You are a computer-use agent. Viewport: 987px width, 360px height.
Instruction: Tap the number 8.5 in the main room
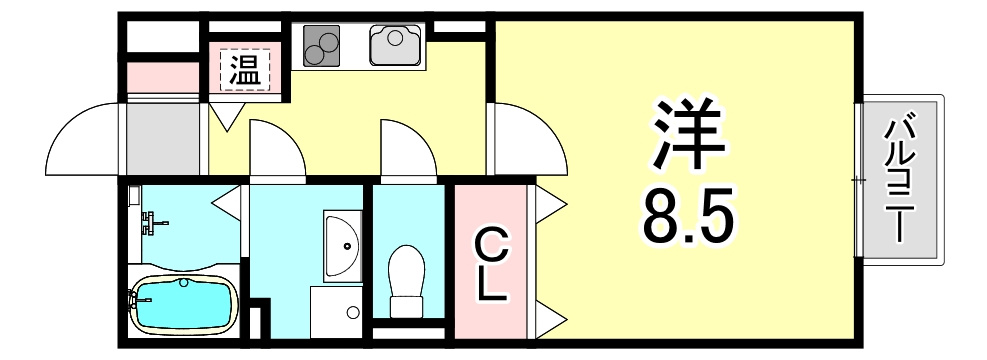point(687,218)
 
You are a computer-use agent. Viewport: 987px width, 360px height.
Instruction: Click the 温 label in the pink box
point(244,70)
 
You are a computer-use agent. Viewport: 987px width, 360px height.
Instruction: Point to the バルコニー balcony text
point(901,180)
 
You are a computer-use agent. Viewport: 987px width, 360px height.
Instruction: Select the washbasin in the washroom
point(342,245)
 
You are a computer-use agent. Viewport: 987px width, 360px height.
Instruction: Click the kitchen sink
point(395,45)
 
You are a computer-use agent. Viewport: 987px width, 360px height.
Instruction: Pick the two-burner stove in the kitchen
point(322,45)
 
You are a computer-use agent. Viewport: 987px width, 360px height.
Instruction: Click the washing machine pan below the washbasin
point(337,312)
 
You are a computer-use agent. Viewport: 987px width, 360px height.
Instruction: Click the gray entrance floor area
point(163,139)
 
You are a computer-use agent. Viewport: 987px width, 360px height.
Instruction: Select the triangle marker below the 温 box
point(227,116)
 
